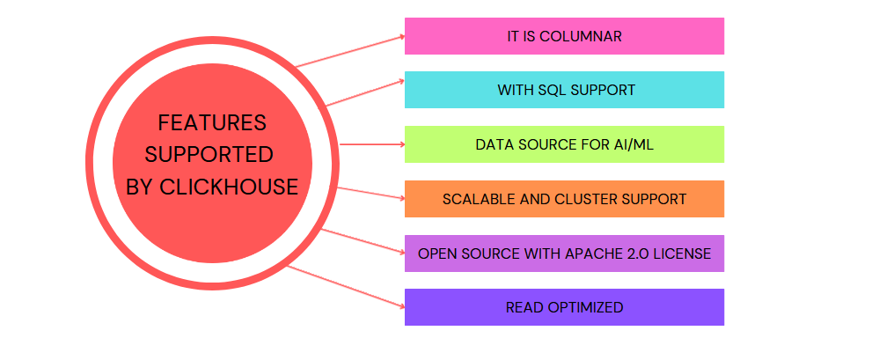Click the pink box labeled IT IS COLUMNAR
[564, 36]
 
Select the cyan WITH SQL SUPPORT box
[564, 90]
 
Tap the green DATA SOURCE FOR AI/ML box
[564, 144]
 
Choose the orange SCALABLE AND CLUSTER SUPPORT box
[564, 199]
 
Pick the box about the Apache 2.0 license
[564, 253]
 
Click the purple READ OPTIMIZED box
[564, 307]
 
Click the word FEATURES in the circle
[212, 122]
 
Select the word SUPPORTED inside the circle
[209, 155]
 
